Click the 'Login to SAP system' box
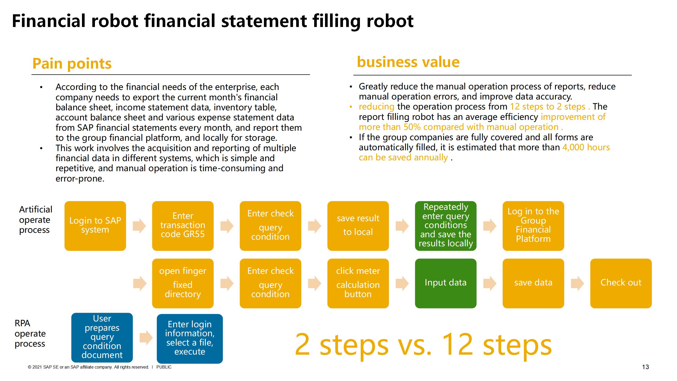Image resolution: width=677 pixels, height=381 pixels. [x=95, y=226]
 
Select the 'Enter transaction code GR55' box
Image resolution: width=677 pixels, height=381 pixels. [x=183, y=226]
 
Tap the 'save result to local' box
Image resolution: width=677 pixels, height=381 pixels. [x=358, y=226]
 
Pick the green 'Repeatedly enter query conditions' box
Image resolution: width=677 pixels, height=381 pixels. [x=446, y=226]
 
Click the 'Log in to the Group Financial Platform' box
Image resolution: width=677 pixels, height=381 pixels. [x=533, y=226]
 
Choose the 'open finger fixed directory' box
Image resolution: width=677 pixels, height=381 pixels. [x=183, y=283]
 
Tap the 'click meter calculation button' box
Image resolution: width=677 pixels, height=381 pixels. [x=358, y=283]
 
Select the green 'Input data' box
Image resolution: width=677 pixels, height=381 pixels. [x=446, y=283]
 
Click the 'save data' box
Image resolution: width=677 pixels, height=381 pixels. [x=533, y=283]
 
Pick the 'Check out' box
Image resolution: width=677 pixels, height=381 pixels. [x=621, y=283]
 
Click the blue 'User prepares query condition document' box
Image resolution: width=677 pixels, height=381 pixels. [x=102, y=337]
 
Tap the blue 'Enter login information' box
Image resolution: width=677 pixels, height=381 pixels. [x=190, y=338]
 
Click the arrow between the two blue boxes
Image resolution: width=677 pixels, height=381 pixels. [x=146, y=338]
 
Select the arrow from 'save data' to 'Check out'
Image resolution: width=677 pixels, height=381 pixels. [x=577, y=283]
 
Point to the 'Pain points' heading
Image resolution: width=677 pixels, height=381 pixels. [x=72, y=63]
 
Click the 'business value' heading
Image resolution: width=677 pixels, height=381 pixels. [x=408, y=62]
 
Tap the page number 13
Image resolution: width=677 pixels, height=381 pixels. [x=645, y=367]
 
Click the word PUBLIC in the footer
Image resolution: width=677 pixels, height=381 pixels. [x=164, y=367]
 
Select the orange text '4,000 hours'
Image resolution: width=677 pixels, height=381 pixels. [x=586, y=147]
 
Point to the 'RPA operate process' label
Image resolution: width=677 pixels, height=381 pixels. [x=30, y=333]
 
